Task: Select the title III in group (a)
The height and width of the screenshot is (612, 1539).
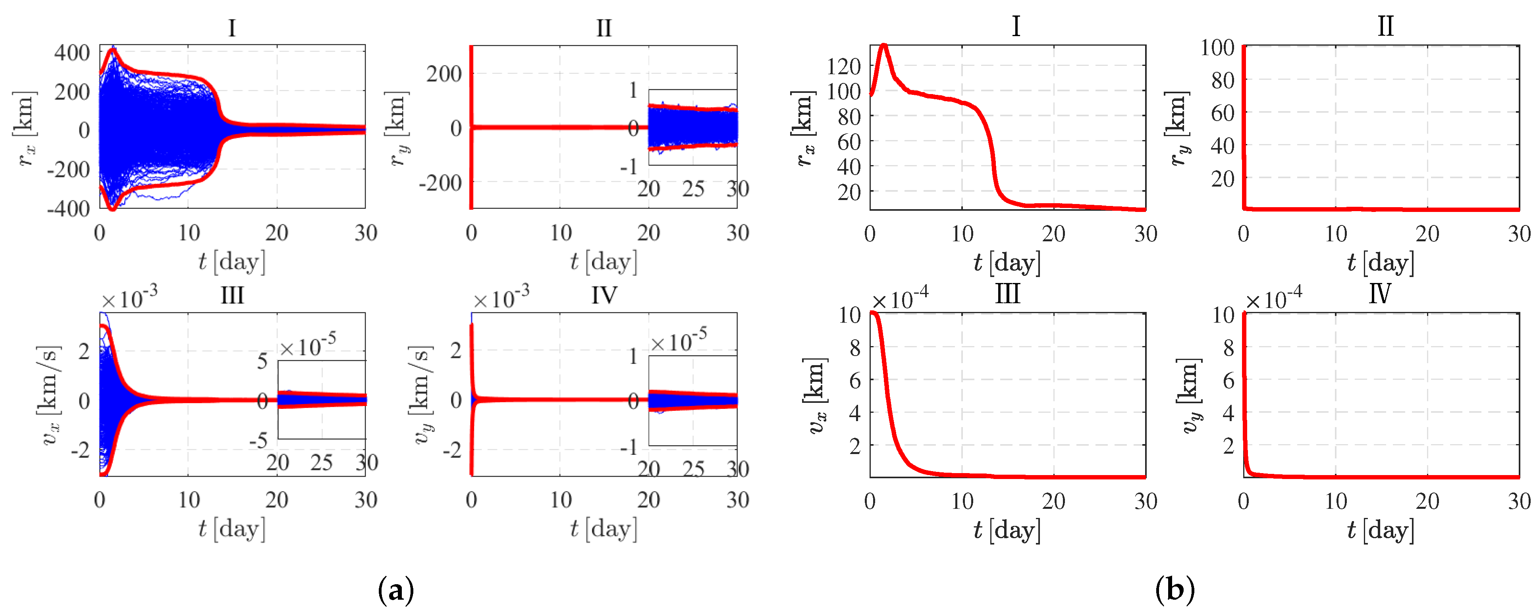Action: (x=232, y=296)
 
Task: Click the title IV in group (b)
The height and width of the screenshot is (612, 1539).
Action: (x=1380, y=294)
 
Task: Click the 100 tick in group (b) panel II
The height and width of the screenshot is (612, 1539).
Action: (x=1217, y=48)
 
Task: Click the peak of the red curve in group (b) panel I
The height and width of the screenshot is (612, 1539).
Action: (x=883, y=45)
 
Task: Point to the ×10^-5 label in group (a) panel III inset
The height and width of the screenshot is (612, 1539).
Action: (x=308, y=345)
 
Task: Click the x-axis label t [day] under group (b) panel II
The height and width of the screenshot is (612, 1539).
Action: (x=1380, y=263)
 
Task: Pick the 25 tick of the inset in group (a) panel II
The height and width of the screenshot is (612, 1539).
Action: (x=693, y=189)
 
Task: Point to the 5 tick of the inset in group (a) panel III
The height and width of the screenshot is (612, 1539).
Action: (x=262, y=361)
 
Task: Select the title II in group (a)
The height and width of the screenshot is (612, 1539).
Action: (x=604, y=28)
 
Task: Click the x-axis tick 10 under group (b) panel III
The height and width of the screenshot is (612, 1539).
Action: (x=962, y=500)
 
